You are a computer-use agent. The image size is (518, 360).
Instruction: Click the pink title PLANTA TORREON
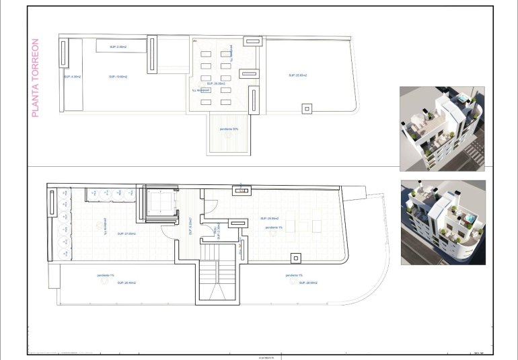pos(36,78)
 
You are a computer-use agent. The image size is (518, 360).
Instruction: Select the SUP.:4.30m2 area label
pos(72,77)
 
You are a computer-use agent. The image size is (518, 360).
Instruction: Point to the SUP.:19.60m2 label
pos(118,77)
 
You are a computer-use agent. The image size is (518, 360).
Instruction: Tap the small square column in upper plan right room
pos(307,108)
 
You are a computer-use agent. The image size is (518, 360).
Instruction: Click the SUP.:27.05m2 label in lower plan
pos(126,233)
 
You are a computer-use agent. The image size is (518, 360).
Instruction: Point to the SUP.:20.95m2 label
pos(269,219)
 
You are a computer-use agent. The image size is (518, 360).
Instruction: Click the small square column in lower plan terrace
pos(295,257)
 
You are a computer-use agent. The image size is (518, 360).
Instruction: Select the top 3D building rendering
pos(442,128)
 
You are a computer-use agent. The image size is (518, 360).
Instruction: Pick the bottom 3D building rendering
pos(442,222)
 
